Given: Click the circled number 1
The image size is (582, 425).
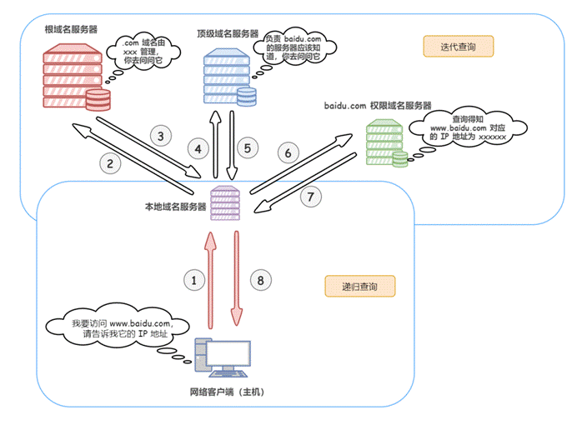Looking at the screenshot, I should pyautogui.click(x=194, y=281).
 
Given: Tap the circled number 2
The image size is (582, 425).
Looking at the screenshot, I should pyautogui.click(x=108, y=163).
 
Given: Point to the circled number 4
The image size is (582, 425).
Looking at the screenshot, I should pyautogui.click(x=198, y=149).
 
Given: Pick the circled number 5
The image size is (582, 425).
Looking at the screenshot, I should pyautogui.click(x=246, y=149).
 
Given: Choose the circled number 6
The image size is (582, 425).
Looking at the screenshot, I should pyautogui.click(x=288, y=153).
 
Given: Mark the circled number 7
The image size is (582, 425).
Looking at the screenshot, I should pyautogui.click(x=309, y=197).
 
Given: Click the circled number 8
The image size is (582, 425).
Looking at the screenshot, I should pyautogui.click(x=261, y=281).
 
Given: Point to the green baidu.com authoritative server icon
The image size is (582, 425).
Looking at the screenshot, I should pyautogui.click(x=385, y=142).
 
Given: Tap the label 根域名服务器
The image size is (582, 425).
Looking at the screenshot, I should pyautogui.click(x=71, y=29).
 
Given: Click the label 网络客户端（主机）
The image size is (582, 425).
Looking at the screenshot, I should pyautogui.click(x=226, y=392).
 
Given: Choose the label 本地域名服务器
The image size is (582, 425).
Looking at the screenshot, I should pyautogui.click(x=175, y=206).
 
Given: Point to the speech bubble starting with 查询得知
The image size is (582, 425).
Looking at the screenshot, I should pyautogui.click(x=468, y=129).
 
